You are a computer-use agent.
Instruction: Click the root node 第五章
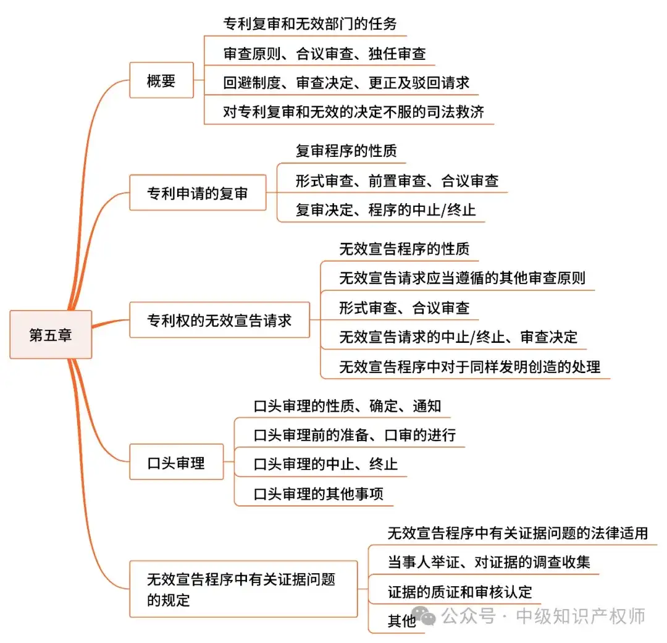point(51,335)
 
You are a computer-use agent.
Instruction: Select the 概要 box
point(161,80)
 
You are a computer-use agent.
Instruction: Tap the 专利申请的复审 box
point(198,193)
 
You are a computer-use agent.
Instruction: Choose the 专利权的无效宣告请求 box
point(219,320)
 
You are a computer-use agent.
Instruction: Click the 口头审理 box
point(176,462)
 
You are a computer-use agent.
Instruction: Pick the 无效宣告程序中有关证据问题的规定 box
point(243,589)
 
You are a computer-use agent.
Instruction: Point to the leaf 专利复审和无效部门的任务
point(310,24)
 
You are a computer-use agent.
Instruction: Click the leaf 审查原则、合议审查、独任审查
point(325,54)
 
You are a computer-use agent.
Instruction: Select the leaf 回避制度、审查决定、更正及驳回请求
point(346,83)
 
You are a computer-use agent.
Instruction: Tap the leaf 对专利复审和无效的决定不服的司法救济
point(353,112)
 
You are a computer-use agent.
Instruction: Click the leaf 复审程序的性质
point(346,151)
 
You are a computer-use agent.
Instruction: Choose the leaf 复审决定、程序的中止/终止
point(386,210)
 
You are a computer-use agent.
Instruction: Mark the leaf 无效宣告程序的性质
point(405,248)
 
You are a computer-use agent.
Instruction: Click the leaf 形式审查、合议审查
point(405,308)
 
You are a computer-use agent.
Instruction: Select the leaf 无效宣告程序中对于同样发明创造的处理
point(470,366)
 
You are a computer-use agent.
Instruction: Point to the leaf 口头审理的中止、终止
point(325,464)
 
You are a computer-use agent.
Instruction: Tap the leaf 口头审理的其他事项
point(318,494)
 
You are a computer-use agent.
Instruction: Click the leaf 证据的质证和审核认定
point(460,592)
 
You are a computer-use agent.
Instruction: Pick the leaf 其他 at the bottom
point(401,621)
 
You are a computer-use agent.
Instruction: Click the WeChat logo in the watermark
point(424,615)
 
